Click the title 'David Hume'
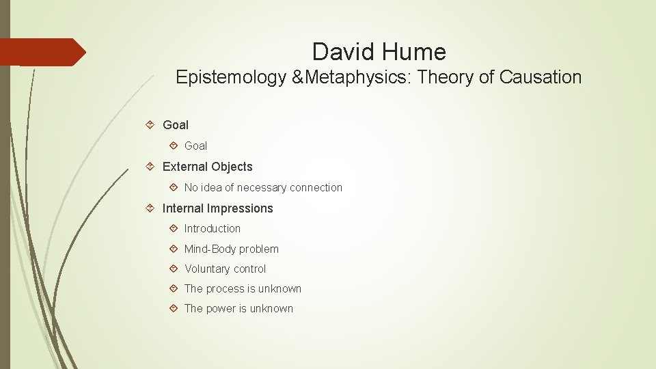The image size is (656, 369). click(379, 52)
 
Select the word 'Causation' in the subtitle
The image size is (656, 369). click(541, 77)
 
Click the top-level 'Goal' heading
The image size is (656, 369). click(176, 125)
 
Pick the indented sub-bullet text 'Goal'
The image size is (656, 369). click(195, 146)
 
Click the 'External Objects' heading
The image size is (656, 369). click(207, 167)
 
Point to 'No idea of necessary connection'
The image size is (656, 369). click(263, 187)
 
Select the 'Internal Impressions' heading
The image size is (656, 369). click(217, 208)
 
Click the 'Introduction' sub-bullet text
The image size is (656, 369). click(213, 229)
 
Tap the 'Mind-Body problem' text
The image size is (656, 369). click(232, 249)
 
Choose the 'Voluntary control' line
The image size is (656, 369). click(225, 269)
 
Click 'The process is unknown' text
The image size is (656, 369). click(243, 289)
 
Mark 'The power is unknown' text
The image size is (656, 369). click(238, 309)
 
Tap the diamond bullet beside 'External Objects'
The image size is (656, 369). click(152, 167)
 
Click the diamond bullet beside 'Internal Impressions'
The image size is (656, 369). click(152, 208)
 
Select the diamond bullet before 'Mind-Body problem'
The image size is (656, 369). click(174, 249)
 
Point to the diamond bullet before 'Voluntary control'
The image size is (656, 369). click(174, 269)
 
